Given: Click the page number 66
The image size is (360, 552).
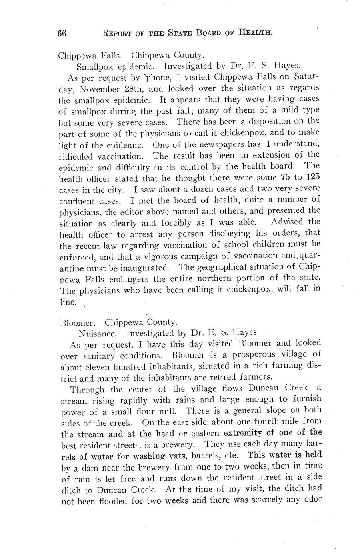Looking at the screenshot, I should point(62,34).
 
